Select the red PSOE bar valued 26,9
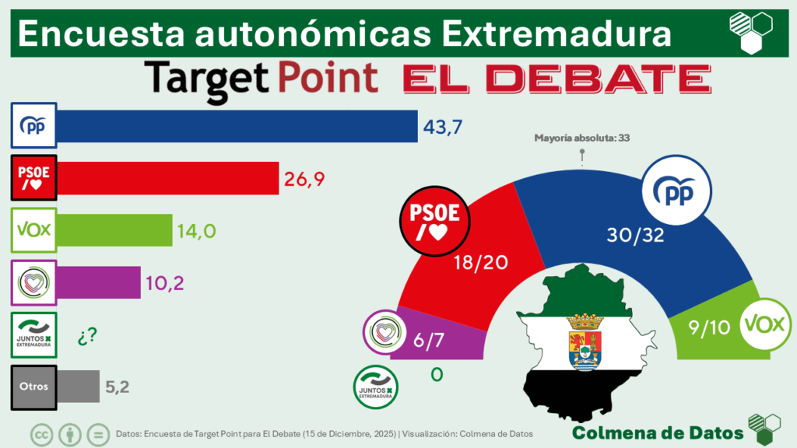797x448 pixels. pyautogui.click(x=167, y=179)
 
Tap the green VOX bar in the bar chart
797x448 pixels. pyautogui.click(x=114, y=229)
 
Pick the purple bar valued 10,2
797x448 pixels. pyautogui.click(x=99, y=282)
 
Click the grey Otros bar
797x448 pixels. pyautogui.click(x=79, y=386)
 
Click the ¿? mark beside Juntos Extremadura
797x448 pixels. pyautogui.click(x=86, y=336)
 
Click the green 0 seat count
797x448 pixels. pyautogui.click(x=437, y=375)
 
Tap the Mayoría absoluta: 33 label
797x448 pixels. pyautogui.click(x=581, y=138)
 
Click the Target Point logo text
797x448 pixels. pyautogui.click(x=262, y=78)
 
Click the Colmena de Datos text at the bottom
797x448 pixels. pyautogui.click(x=656, y=432)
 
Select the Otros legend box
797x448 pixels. pyautogui.click(x=33, y=387)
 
